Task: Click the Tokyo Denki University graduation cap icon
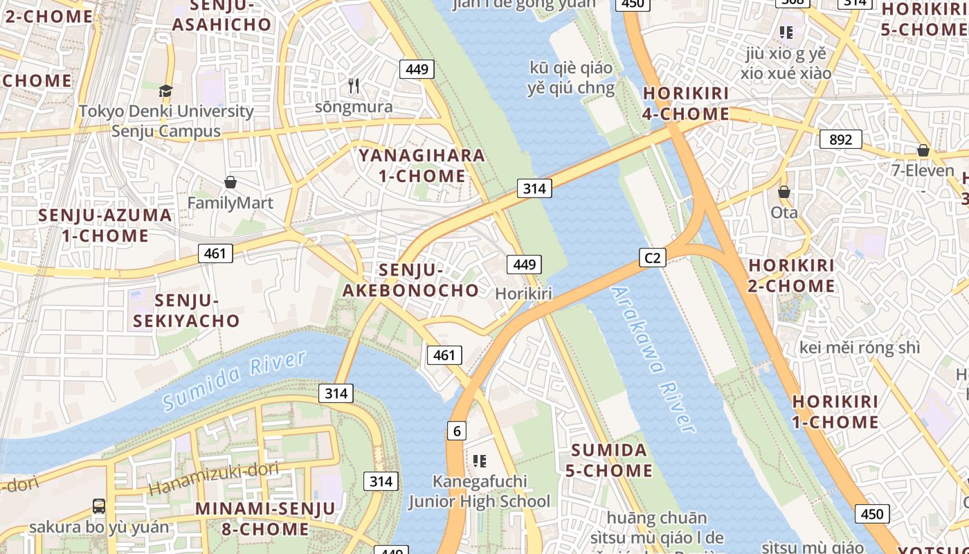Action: (165, 91)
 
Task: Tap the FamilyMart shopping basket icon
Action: (230, 182)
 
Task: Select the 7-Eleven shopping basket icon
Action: (923, 150)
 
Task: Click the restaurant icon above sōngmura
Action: (354, 86)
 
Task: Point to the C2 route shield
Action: (652, 258)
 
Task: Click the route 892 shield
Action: (840, 139)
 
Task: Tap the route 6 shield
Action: (457, 431)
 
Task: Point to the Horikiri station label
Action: (523, 294)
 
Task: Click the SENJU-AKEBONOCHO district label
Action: (411, 280)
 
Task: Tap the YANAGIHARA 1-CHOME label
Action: (422, 166)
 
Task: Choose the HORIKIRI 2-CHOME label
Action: (791, 276)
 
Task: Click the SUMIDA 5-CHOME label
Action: (608, 461)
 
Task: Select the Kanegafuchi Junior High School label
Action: (479, 492)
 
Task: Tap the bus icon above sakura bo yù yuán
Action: (99, 506)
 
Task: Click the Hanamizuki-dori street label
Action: (213, 478)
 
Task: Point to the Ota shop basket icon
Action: (784, 192)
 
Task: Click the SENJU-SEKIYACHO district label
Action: (186, 311)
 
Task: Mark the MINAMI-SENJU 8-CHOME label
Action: (264, 519)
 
